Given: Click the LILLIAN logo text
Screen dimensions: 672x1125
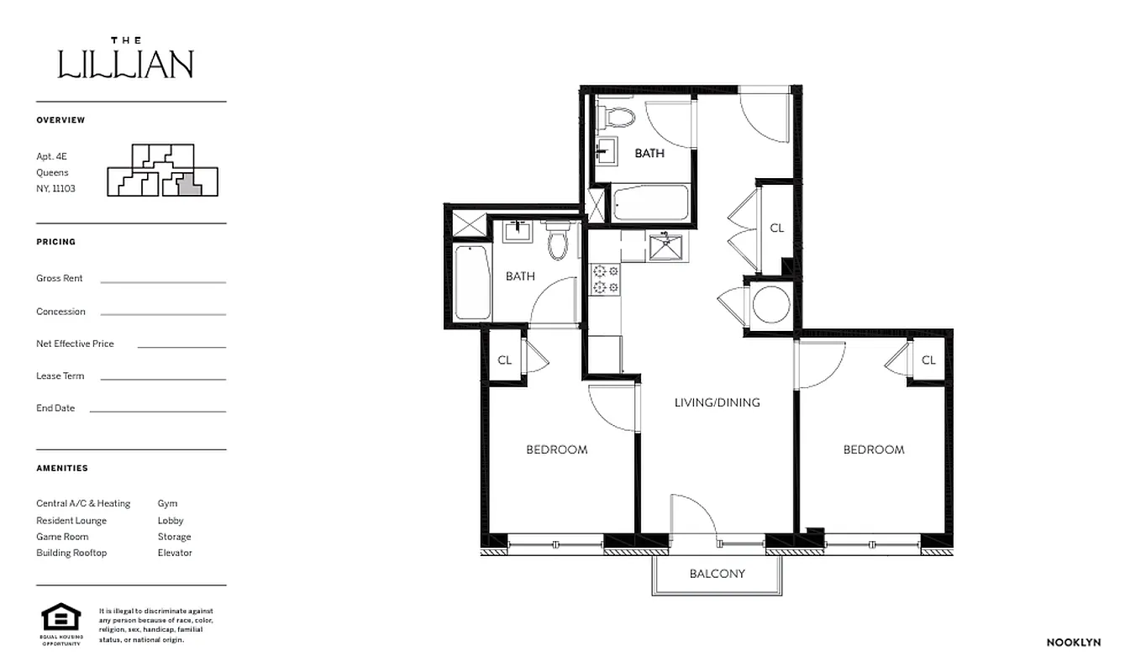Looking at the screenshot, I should tap(126, 63).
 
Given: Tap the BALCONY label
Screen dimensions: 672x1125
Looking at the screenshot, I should tap(717, 574).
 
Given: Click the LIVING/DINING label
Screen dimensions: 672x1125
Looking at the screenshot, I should tap(717, 402).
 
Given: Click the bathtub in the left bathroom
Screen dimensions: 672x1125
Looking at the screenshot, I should tap(472, 282).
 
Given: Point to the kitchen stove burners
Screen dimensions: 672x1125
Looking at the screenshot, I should tap(605, 279).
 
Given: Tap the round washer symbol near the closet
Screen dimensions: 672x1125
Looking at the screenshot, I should tap(770, 304).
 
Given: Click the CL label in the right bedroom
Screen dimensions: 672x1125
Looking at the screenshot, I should tap(928, 360).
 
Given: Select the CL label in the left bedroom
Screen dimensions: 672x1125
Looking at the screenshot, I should tap(504, 360).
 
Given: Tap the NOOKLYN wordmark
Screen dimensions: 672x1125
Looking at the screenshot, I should tap(1073, 643).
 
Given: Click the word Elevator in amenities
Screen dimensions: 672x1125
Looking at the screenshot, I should tap(175, 553).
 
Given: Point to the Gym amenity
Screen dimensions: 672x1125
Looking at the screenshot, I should tap(167, 504).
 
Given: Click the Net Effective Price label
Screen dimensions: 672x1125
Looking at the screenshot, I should tap(75, 344).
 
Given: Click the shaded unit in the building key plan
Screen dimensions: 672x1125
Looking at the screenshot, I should tap(191, 183).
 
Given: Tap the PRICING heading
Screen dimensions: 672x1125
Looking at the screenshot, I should tap(55, 242).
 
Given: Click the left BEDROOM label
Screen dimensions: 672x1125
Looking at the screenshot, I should tap(556, 449).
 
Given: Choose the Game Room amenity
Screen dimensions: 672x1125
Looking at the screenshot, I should tap(62, 537).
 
